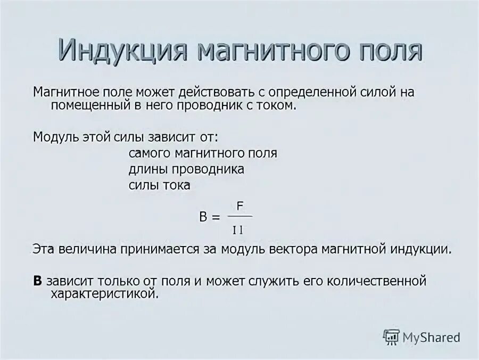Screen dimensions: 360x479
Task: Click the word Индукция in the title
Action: pos(122,50)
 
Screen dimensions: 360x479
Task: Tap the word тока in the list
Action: pos(177,185)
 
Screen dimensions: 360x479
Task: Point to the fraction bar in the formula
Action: pos(240,217)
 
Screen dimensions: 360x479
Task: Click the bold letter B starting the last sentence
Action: pos(37,280)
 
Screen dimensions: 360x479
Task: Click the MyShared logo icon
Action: pos(391,337)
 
